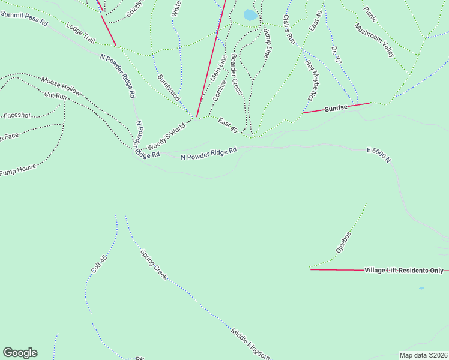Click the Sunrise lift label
(336, 109)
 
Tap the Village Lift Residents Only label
(403, 271)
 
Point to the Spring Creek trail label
(154, 265)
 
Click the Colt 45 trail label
(99, 265)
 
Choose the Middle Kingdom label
(250, 343)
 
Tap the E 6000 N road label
(379, 155)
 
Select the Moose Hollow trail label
(61, 85)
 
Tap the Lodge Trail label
(81, 34)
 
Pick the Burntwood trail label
(169, 87)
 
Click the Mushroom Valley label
(375, 40)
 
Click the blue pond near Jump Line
(250, 15)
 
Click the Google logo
(20, 353)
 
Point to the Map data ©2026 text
(423, 355)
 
